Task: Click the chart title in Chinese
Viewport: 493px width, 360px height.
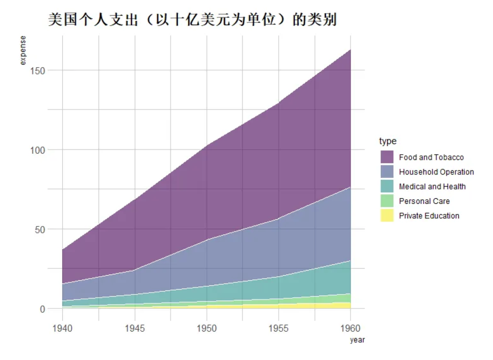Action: pyautogui.click(x=192, y=19)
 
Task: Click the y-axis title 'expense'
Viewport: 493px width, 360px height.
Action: pyautogui.click(x=22, y=50)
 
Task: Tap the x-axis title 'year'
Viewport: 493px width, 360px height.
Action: pyautogui.click(x=357, y=340)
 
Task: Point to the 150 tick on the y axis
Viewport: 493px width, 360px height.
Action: pyautogui.click(x=37, y=71)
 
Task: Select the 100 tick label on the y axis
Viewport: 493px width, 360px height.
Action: pyautogui.click(x=37, y=150)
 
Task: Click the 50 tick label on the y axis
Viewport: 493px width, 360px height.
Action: pyautogui.click(x=40, y=230)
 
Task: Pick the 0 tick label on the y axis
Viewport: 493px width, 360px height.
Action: pyautogui.click(x=42, y=309)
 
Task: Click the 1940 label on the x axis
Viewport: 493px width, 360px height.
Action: pyautogui.click(x=62, y=328)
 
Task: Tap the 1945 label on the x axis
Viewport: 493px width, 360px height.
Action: pyautogui.click(x=135, y=328)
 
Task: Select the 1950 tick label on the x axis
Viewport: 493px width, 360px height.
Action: pyautogui.click(x=206, y=328)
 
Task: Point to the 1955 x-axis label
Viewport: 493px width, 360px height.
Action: pyautogui.click(x=278, y=328)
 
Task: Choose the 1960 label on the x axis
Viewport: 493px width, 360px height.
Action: pyautogui.click(x=350, y=328)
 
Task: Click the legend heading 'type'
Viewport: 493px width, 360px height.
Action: pyautogui.click(x=388, y=141)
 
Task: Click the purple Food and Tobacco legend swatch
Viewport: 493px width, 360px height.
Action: pyautogui.click(x=387, y=157)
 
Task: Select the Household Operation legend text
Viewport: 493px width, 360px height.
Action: pyautogui.click(x=436, y=172)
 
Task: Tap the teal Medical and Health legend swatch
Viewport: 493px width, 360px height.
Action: pyautogui.click(x=387, y=186)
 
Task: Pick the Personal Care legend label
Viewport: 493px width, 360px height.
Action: pyautogui.click(x=424, y=201)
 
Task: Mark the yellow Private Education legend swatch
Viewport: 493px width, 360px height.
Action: pyautogui.click(x=387, y=216)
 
